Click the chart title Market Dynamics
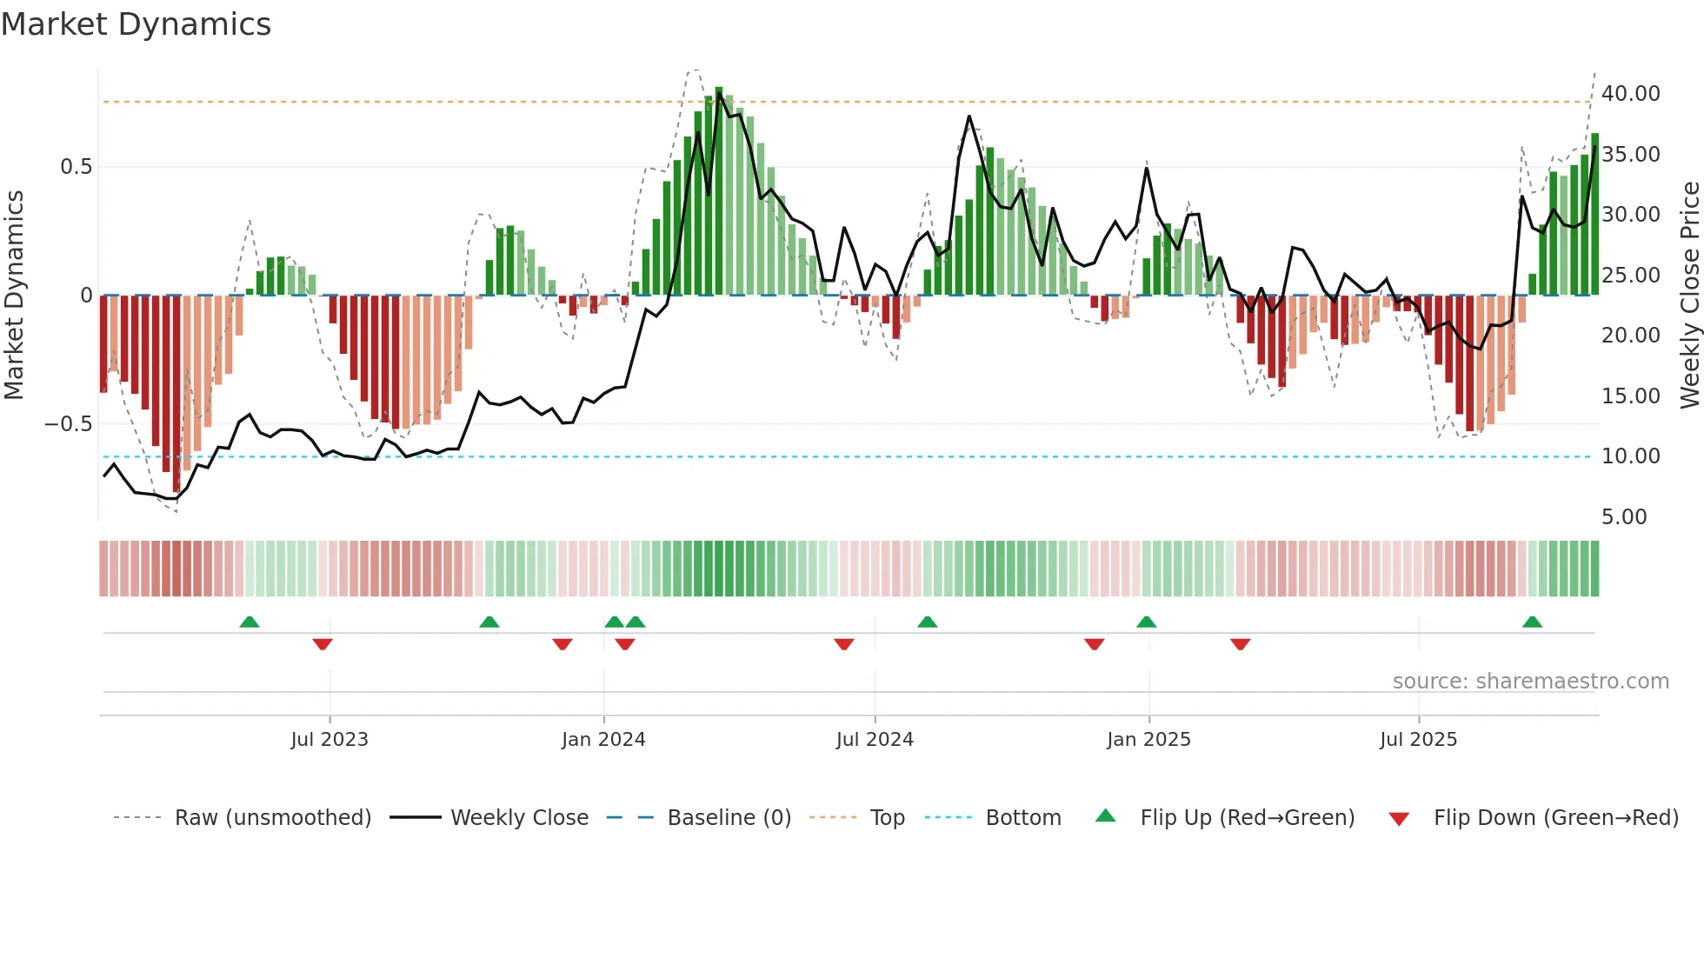pyautogui.click(x=136, y=24)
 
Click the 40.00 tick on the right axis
pyautogui.click(x=1630, y=94)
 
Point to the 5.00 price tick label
pyautogui.click(x=1623, y=517)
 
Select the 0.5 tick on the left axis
pyautogui.click(x=76, y=167)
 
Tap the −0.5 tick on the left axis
pyautogui.click(x=68, y=424)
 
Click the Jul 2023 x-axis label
pyautogui.click(x=329, y=740)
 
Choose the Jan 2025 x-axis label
pyautogui.click(x=1148, y=740)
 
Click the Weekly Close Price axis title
pyautogui.click(x=1689, y=295)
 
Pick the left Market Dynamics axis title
pyautogui.click(x=14, y=295)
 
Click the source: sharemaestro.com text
pyautogui.click(x=1530, y=682)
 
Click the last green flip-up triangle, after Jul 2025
pyautogui.click(x=1532, y=622)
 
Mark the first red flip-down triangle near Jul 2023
pyautogui.click(x=323, y=644)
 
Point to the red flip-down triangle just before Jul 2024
pyautogui.click(x=843, y=644)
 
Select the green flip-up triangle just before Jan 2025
pyautogui.click(x=1146, y=622)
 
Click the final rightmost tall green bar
pyautogui.click(x=1594, y=214)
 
